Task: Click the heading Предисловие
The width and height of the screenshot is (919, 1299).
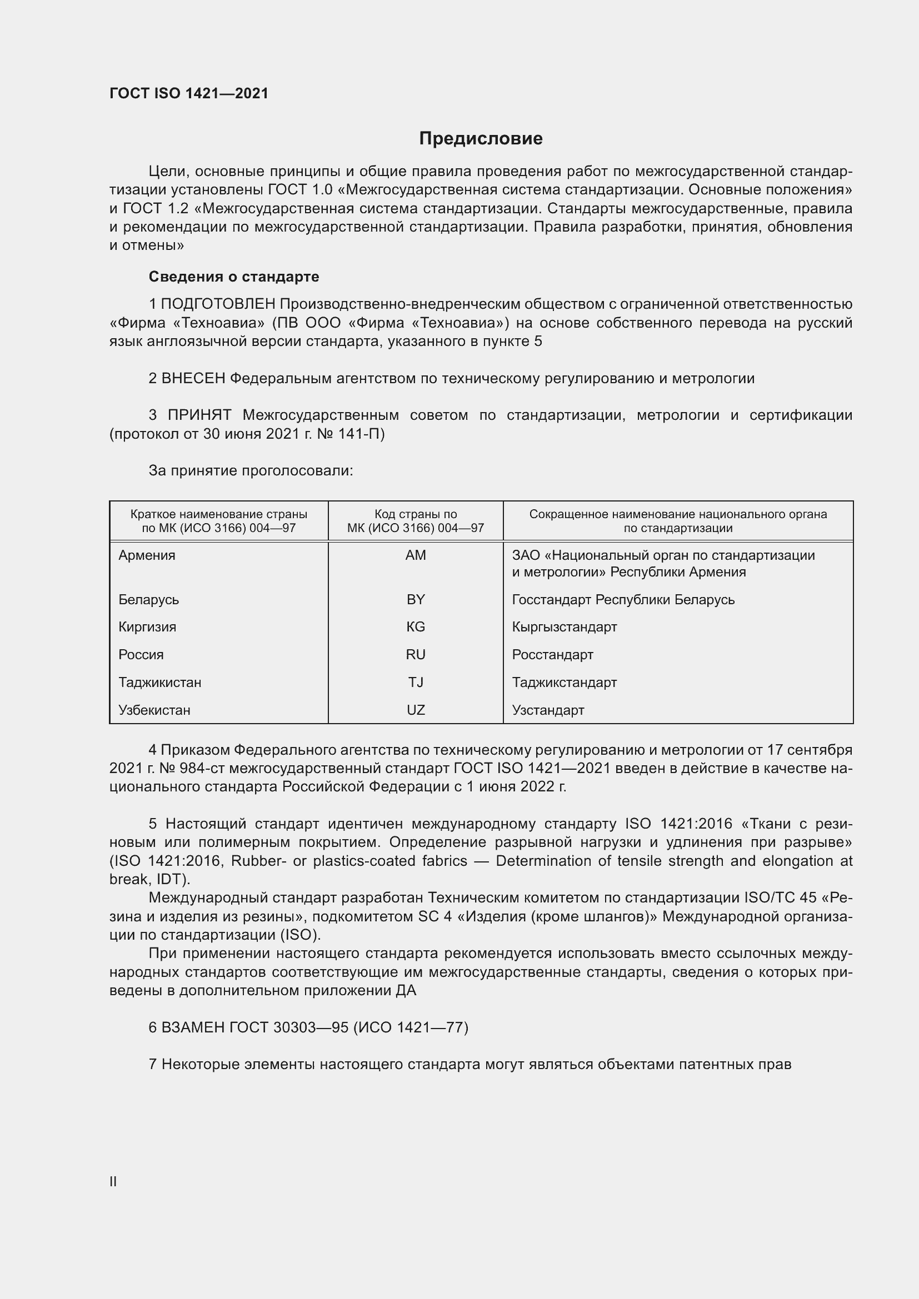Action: tap(481, 139)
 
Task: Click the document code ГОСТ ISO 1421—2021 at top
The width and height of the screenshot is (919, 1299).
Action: tap(189, 93)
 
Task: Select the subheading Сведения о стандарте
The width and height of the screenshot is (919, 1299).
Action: tap(234, 277)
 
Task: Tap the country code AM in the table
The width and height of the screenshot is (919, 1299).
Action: tap(416, 555)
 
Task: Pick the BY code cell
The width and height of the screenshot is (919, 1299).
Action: tap(416, 600)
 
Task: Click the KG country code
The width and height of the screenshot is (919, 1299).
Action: tap(416, 627)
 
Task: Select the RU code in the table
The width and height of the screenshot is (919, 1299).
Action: tap(416, 655)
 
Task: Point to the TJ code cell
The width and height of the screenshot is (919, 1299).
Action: tap(416, 683)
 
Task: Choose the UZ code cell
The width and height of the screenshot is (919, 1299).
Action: tap(416, 710)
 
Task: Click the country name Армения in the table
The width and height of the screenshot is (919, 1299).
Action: tap(147, 555)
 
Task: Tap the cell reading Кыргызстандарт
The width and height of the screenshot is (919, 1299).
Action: tap(564, 627)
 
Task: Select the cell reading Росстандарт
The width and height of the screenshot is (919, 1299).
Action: tap(552, 655)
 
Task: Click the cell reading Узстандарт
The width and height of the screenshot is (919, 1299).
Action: tap(548, 710)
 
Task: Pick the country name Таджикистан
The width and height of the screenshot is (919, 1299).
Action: tap(159, 683)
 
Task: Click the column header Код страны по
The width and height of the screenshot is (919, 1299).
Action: tap(416, 514)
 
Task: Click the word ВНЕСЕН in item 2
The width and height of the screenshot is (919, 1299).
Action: tap(193, 379)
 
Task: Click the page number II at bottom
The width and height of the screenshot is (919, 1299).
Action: tap(113, 1181)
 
